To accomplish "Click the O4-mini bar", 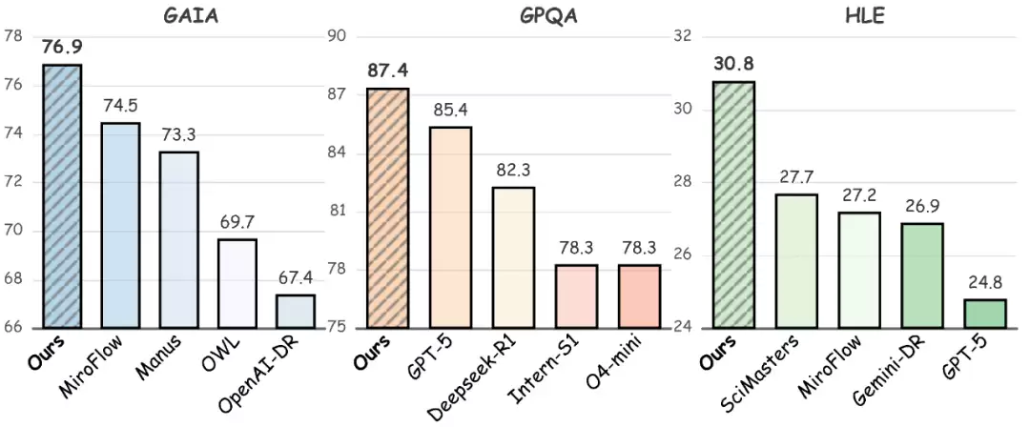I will point(639,296).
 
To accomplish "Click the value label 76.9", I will point(61,47).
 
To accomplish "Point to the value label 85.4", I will point(449,110).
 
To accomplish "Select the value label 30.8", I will point(733,64).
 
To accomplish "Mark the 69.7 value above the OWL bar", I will point(237,222).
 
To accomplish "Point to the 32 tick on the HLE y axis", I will point(681,36).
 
